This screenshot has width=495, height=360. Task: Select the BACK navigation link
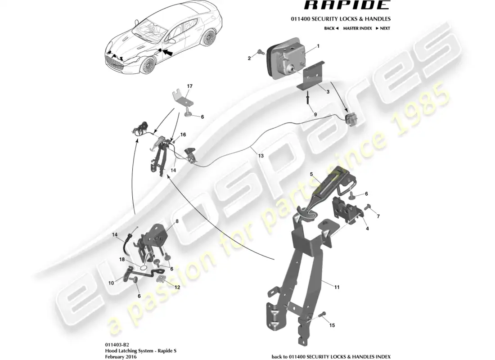point(331,28)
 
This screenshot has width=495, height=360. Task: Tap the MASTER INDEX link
point(357,28)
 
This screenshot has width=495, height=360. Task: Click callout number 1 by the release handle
point(318,46)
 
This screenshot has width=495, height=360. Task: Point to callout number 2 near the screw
point(249,58)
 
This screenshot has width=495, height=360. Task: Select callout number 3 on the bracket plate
point(328,92)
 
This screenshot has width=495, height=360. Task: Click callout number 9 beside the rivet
point(315,115)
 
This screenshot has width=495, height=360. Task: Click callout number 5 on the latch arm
point(310,174)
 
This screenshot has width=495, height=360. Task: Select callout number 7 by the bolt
point(378,216)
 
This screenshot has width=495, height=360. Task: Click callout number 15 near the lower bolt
point(332,325)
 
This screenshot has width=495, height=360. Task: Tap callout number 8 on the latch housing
point(177,221)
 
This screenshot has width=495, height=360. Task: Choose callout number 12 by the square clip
point(177,287)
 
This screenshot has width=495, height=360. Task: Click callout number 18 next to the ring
point(121,260)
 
